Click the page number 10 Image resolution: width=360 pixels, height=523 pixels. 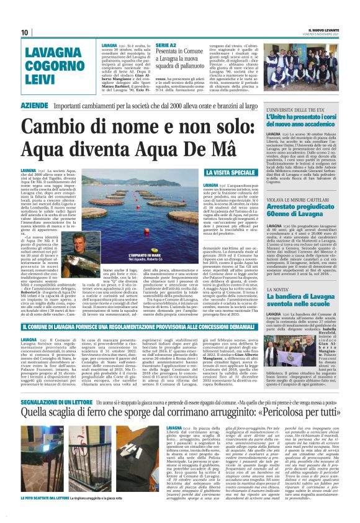[25, 32]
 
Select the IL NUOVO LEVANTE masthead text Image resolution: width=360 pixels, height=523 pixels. [322, 30]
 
